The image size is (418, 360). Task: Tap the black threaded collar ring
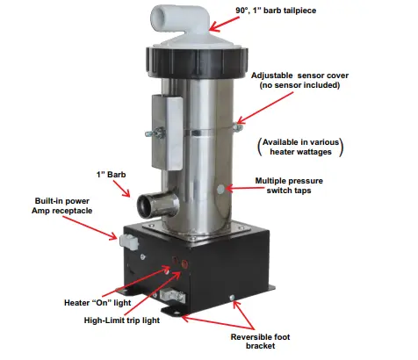[x=197, y=62]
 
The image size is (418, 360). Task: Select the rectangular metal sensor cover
[x=167, y=132]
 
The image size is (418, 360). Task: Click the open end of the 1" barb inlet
[x=146, y=206]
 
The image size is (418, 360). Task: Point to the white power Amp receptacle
[x=129, y=241]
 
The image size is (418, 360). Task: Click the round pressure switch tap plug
[x=220, y=190]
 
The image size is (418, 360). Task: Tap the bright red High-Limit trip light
[x=184, y=263]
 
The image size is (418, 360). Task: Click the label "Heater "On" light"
[x=97, y=303]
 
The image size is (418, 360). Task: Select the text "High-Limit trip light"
[x=122, y=320]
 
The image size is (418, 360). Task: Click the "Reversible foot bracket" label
[x=260, y=342]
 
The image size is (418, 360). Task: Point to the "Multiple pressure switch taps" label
[x=289, y=185]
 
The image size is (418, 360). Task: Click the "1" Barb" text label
[x=111, y=175]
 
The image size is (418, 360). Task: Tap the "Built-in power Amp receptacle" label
[x=61, y=205]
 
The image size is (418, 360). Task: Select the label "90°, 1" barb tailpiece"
[x=276, y=11]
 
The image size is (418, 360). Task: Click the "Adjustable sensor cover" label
[x=299, y=76]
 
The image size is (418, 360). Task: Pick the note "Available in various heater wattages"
[x=300, y=147]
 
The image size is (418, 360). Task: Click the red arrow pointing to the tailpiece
[x=225, y=24]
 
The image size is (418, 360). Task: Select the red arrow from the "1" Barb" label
[x=122, y=189]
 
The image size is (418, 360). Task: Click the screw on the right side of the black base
[x=232, y=298]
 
